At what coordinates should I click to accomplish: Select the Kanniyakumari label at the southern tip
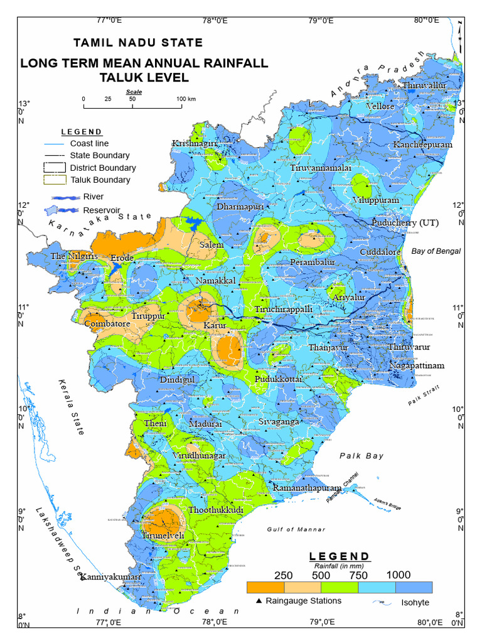[x=110, y=576]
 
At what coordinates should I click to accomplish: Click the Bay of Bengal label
[x=436, y=251]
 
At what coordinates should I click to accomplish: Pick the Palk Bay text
[x=361, y=456]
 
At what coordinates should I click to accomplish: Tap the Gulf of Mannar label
[x=296, y=529]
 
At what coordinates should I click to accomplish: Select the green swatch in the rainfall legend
[x=339, y=587]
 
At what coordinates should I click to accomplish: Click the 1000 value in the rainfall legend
[x=399, y=575]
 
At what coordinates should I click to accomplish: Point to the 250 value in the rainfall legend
[x=284, y=575]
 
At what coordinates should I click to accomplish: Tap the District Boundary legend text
[x=103, y=168]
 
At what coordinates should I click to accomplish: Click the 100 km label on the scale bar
[x=186, y=99]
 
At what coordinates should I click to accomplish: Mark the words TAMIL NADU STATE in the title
[x=138, y=43]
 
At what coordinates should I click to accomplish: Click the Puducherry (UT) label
[x=405, y=223]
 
